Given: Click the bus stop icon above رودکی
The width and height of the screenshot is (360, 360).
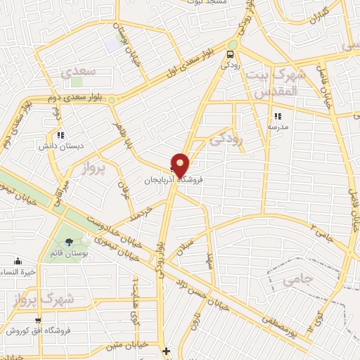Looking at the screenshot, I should pyautogui.click(x=230, y=54).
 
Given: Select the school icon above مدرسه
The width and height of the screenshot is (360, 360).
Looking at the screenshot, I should pyautogui.click(x=278, y=116).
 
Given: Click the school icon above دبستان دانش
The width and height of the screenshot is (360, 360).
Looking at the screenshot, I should pyautogui.click(x=60, y=135).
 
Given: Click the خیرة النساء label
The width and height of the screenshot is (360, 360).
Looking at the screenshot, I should pyautogui.click(x=18, y=273).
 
